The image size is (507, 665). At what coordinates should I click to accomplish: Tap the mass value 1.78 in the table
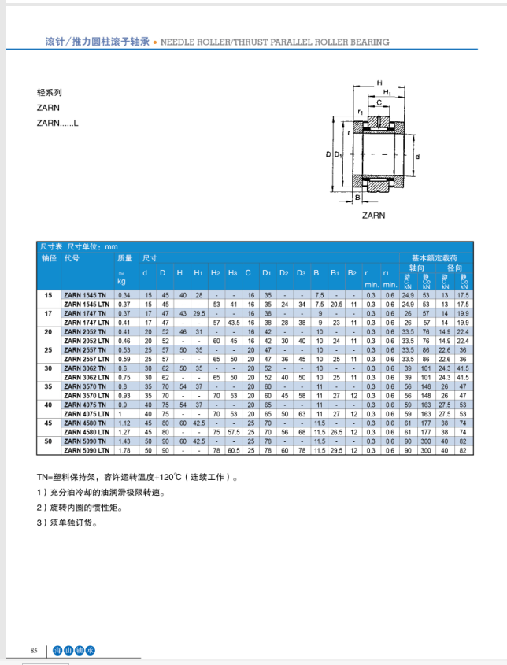[124, 450]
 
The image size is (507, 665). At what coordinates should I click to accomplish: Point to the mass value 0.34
[124, 295]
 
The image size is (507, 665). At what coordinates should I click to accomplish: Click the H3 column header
[232, 273]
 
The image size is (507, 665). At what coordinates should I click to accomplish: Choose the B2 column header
[352, 273]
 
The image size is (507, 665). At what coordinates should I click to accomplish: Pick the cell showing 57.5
[233, 432]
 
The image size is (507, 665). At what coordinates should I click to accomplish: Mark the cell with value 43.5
[233, 322]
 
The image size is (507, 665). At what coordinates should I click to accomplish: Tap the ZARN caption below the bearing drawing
[374, 215]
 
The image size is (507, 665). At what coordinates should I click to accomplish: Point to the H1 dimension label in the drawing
[387, 92]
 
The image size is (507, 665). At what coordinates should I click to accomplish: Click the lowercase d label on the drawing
[417, 156]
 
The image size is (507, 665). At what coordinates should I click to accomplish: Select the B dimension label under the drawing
[357, 197]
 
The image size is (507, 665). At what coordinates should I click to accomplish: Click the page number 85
[34, 651]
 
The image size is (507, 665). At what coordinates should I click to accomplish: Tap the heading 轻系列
[49, 91]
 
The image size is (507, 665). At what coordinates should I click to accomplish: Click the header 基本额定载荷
[434, 257]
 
